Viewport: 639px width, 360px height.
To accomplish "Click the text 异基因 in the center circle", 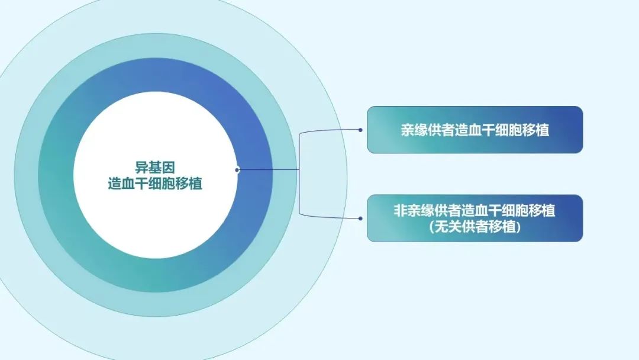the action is pos(155,168).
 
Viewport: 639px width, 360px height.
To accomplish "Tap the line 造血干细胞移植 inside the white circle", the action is pos(155,184).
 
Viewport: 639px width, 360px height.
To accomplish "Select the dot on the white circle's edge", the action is pos(237,169).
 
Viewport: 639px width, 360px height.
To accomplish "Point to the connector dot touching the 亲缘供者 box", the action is pos(360,130).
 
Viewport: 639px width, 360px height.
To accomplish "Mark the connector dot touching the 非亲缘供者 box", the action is pos(360,218).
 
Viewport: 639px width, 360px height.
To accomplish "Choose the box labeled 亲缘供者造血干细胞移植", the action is pos(475,130).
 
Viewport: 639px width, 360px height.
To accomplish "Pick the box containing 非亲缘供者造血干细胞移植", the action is pos(475,218).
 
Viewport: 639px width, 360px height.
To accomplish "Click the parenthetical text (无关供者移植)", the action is pos(475,227).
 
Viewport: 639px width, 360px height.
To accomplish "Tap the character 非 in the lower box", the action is pos(400,211).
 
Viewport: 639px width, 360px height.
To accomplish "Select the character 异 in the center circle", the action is pos(141,168).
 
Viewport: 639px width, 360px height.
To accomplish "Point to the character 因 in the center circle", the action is pos(169,168).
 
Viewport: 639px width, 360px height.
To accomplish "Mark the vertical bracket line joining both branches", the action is pos(299,173).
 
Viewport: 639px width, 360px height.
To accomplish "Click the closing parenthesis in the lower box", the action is pos(519,227).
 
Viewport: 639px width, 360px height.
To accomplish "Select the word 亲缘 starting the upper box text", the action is pos(414,130).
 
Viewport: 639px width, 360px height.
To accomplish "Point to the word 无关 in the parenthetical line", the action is pos(448,227).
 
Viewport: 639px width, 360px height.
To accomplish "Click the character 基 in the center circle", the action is pos(155,168).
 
